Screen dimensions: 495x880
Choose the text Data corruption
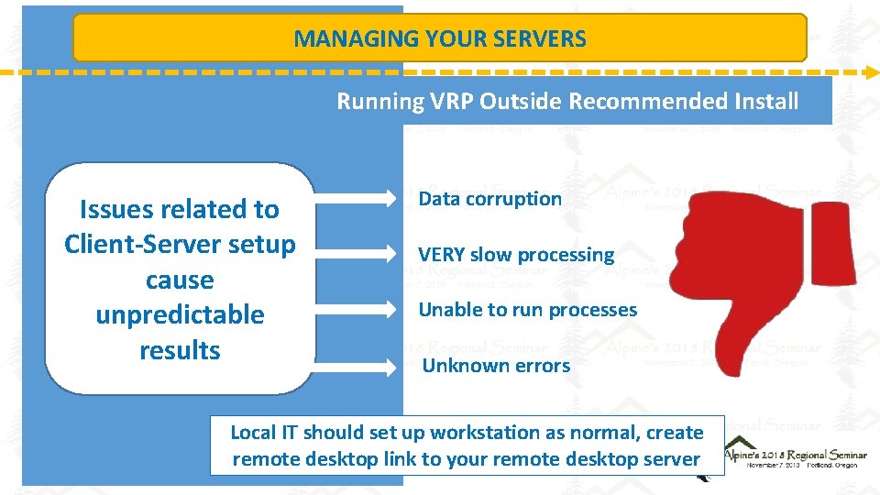pos(489,199)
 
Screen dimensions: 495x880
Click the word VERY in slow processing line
pos(441,255)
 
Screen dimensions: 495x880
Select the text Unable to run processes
pos(527,310)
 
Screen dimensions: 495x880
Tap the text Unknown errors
pos(495,366)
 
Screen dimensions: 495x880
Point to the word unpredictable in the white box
pos(180,315)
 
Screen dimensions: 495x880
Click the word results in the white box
pos(180,350)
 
